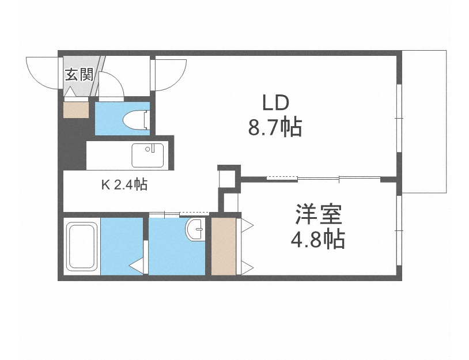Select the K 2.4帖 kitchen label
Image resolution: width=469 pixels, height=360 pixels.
click(x=124, y=185)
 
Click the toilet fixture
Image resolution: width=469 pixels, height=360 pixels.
click(x=137, y=119)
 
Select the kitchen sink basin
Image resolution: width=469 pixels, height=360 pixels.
click(x=147, y=154)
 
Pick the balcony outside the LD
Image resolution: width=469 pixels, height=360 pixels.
click(x=424, y=121)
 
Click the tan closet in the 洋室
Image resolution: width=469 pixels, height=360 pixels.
click(x=224, y=246)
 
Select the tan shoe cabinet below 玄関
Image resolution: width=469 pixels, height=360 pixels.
click(x=76, y=109)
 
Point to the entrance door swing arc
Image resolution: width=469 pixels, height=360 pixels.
click(x=40, y=71)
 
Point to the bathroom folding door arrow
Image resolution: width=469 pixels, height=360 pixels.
click(x=137, y=266)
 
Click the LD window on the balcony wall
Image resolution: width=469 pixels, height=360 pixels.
click(x=398, y=118)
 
